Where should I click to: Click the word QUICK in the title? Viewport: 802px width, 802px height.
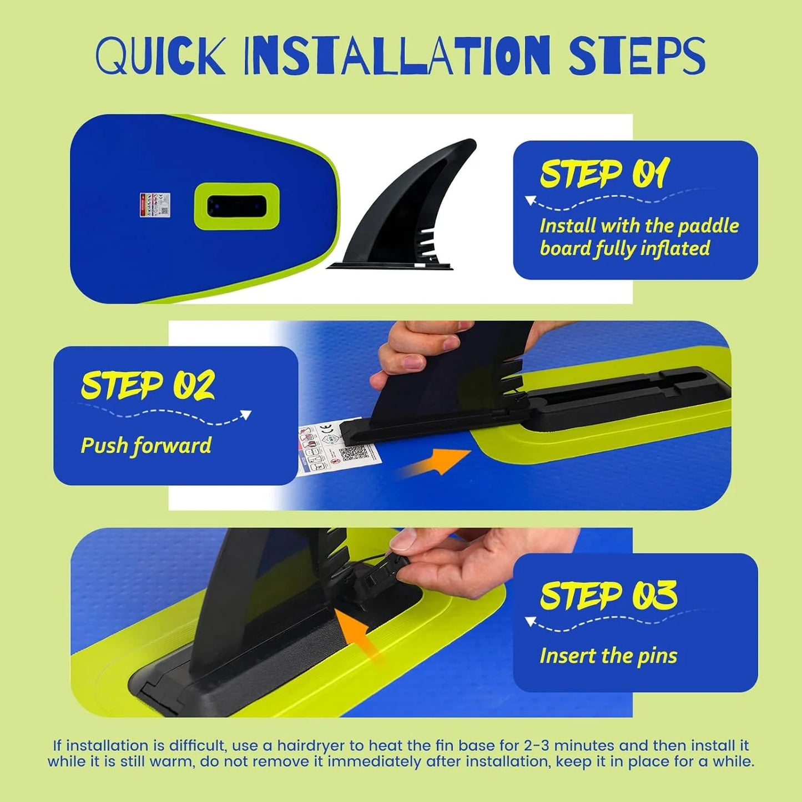click(160, 56)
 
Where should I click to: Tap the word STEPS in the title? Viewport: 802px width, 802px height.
click(637, 56)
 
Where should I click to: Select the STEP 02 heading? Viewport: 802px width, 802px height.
click(148, 385)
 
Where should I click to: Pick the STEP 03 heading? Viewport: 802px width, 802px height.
click(608, 596)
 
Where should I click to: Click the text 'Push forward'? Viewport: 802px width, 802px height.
click(146, 446)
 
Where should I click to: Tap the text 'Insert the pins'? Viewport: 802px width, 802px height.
click(608, 656)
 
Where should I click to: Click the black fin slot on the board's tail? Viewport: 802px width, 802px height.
click(236, 206)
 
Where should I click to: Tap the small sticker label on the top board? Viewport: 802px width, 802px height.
click(155, 205)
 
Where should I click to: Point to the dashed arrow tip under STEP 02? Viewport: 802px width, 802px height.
click(246, 415)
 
